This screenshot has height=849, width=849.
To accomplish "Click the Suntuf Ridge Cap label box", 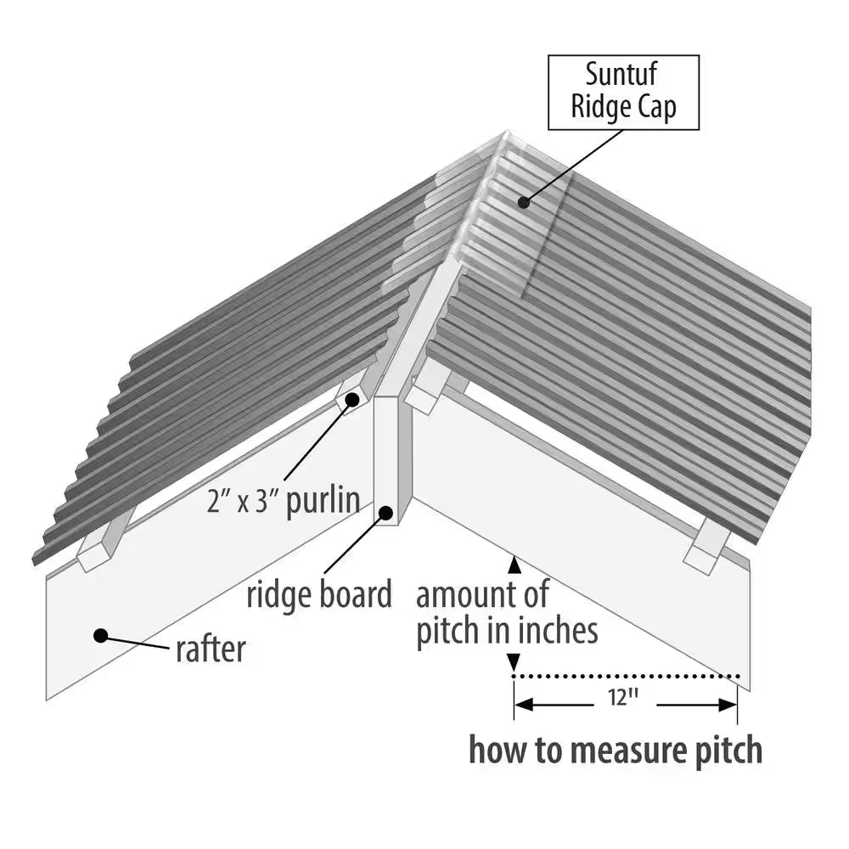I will (623, 93).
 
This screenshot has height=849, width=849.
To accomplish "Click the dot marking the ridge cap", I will (525, 202).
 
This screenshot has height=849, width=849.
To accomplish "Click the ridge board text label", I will (319, 594).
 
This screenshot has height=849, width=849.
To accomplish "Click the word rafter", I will (211, 649).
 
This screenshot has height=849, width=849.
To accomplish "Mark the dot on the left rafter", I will (100, 634).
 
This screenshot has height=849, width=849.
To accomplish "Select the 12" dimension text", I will (623, 698).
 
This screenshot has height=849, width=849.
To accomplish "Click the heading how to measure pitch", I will (616, 751).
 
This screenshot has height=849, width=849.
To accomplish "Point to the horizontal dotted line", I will (628, 677).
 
